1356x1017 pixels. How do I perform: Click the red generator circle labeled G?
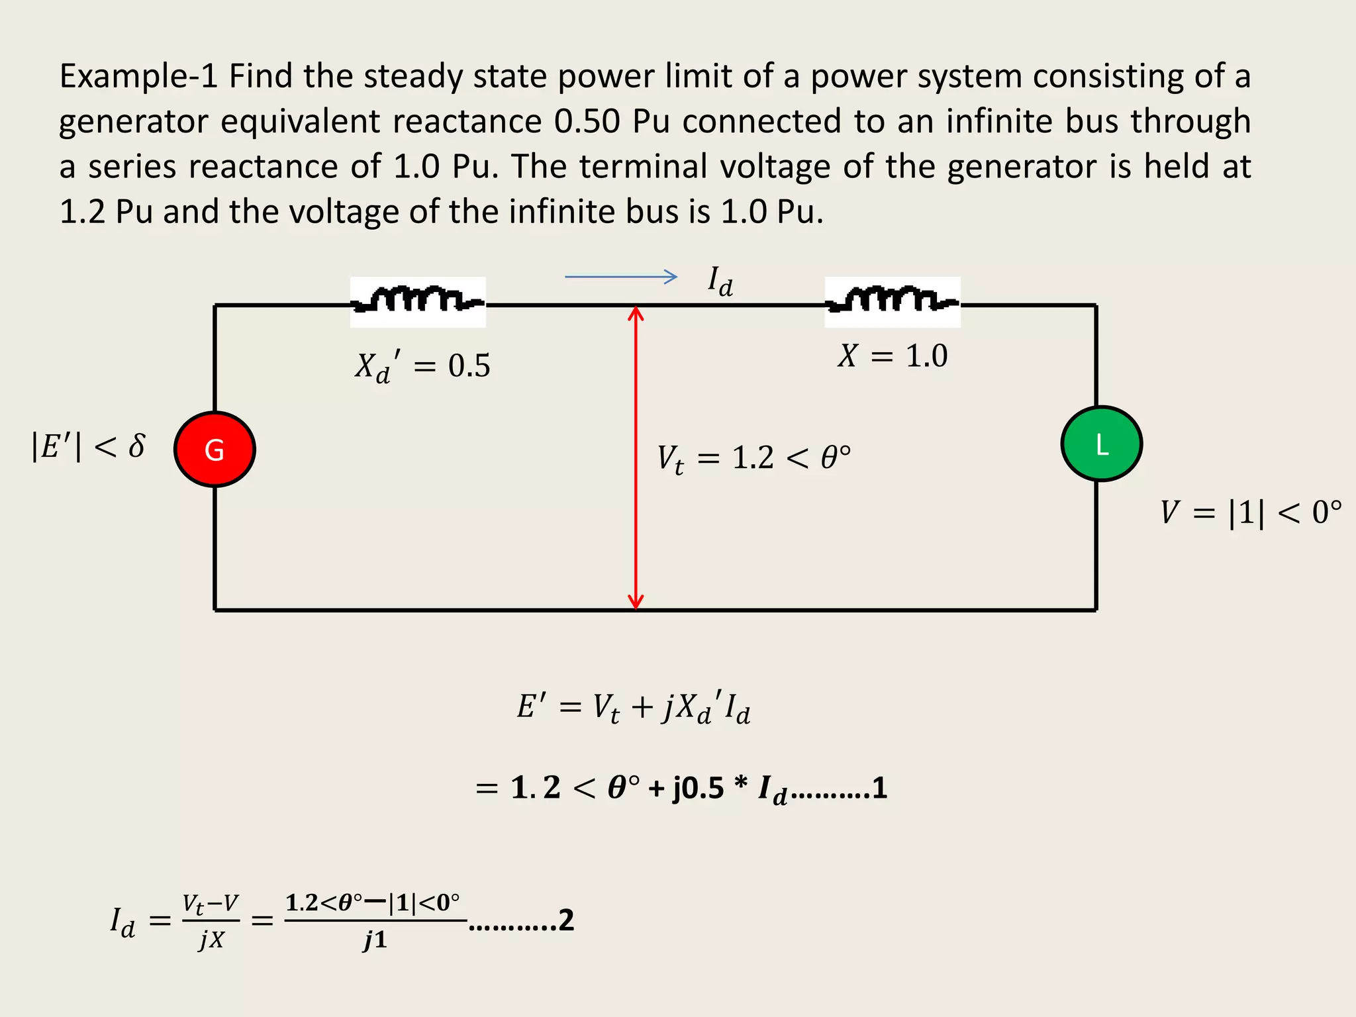point(215,450)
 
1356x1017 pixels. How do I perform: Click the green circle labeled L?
point(1101,444)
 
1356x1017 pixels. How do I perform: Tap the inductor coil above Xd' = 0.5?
point(418,301)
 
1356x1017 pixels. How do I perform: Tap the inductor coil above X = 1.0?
point(892,301)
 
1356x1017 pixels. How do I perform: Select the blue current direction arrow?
point(620,277)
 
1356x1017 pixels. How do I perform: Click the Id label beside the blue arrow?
point(720,281)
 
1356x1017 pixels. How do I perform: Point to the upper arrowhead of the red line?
point(636,313)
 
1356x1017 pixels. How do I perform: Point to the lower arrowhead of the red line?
point(636,602)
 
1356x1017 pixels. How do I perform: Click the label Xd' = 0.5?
point(422,366)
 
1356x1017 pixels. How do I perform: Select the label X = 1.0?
point(893,356)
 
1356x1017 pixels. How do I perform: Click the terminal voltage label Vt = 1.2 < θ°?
point(753,458)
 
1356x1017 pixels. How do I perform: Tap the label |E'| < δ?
point(88,446)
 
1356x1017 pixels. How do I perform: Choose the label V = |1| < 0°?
point(1250,512)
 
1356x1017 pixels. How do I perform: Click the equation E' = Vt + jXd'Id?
point(634,707)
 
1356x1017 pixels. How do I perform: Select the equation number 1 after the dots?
point(879,788)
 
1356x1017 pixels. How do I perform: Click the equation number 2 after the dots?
point(565,920)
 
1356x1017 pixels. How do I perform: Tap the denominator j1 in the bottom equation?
point(375,940)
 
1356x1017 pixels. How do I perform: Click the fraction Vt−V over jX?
point(211,920)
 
